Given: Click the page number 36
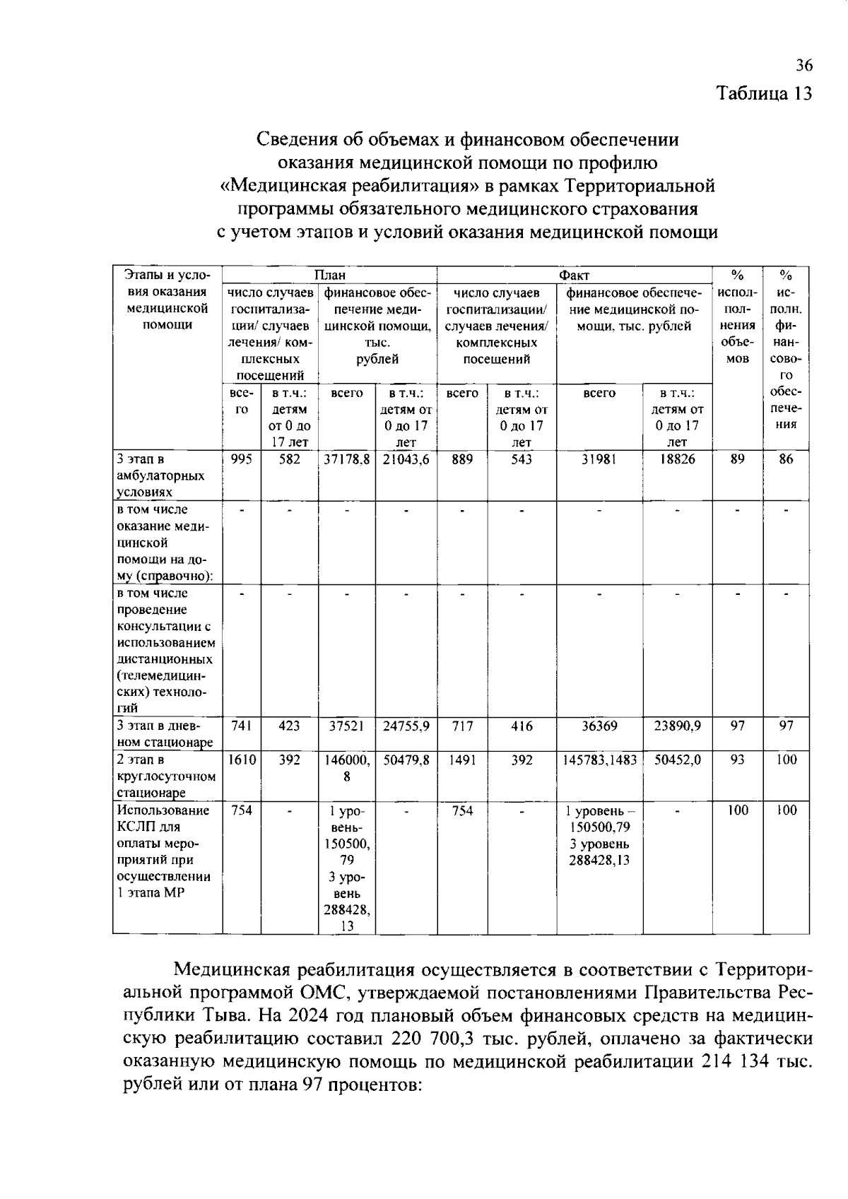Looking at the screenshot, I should [804, 66].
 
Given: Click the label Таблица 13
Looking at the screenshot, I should [765, 93].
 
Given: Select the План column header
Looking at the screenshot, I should [329, 275].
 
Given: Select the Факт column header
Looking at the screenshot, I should [574, 275].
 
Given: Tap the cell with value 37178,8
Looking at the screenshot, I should [346, 459].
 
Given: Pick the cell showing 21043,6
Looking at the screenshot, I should [406, 459].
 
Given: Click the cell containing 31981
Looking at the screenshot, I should [599, 459].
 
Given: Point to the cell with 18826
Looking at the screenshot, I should [677, 459].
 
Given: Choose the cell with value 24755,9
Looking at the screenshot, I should [406, 726].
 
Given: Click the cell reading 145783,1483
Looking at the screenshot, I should [599, 760].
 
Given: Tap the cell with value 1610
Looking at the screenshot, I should [242, 760].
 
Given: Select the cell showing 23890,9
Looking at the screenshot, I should [677, 726].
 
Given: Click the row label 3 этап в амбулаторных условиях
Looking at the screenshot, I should [161, 476].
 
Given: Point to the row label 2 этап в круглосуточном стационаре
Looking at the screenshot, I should [165, 776].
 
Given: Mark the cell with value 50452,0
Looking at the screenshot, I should [677, 760].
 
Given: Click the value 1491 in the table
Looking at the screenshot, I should [462, 760].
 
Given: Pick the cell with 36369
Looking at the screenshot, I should [599, 726].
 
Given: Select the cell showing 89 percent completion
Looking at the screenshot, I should [736, 459].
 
